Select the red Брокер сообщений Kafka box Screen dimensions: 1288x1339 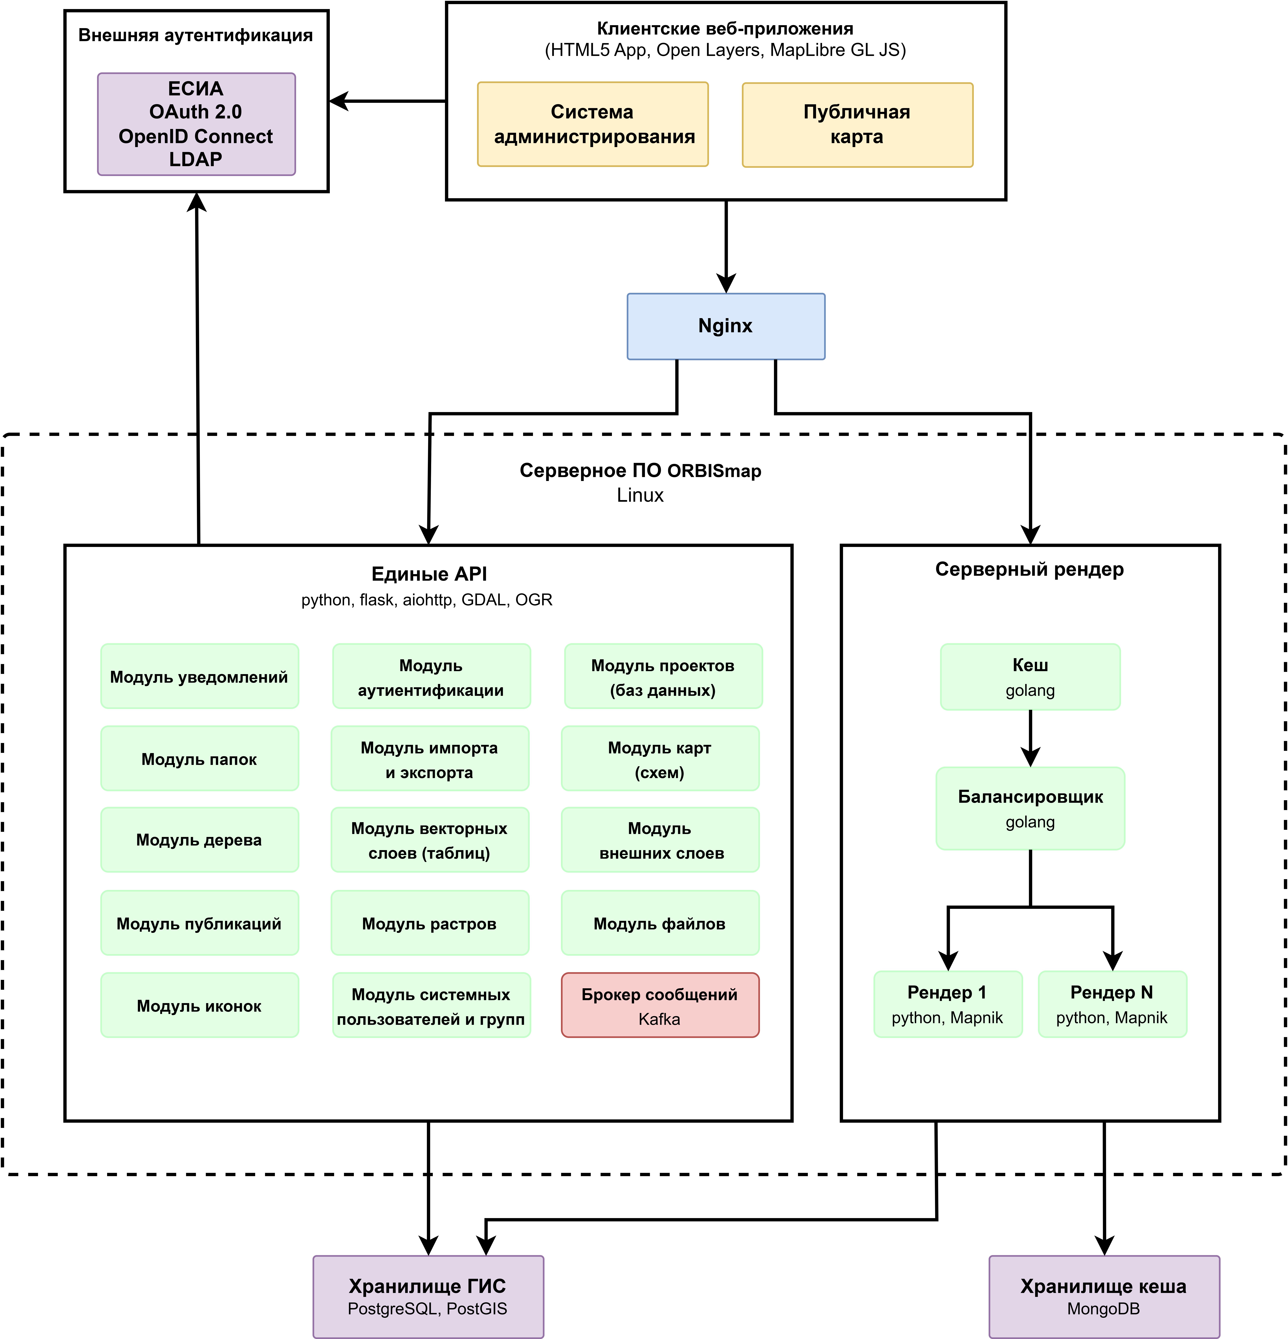coord(660,1005)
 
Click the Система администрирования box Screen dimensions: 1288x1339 coord(592,124)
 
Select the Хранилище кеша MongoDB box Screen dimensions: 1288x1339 coord(1104,1297)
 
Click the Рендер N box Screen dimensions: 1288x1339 coord(1112,1004)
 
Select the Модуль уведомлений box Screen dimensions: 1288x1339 coord(200,676)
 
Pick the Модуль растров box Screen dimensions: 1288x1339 coord(430,923)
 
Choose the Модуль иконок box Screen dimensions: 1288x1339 coord(200,1005)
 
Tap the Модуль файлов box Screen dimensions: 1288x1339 coord(660,923)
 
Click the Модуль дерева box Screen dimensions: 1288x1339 coord(200,840)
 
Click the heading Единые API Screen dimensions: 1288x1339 coord(429,574)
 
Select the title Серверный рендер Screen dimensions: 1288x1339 coord(1030,569)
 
